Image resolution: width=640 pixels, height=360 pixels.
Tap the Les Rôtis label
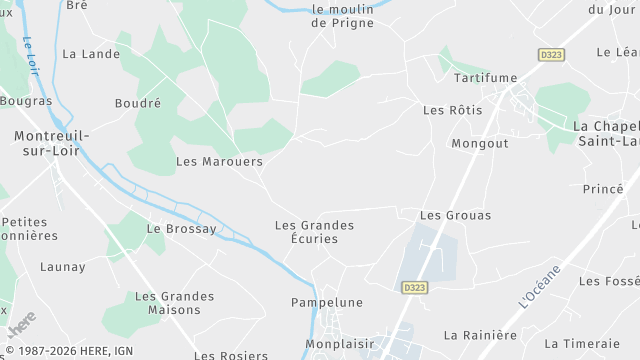click(452, 110)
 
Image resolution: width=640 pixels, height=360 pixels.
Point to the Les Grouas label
click(445, 215)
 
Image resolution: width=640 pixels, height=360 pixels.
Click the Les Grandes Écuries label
click(314, 232)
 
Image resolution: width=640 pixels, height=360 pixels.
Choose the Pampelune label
click(326, 302)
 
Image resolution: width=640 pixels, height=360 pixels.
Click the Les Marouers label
click(219, 161)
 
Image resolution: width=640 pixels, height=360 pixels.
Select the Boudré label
click(138, 103)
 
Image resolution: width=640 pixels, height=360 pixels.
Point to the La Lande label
click(84, 54)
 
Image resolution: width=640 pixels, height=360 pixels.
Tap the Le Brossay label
click(181, 229)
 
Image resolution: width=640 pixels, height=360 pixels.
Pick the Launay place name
click(62, 267)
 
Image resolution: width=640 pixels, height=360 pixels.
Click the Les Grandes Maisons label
click(174, 303)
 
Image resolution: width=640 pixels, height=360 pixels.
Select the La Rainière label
click(480, 335)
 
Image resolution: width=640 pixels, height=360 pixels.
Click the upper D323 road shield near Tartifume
click(551, 54)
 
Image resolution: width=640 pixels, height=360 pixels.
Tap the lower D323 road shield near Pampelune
click(415, 287)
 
